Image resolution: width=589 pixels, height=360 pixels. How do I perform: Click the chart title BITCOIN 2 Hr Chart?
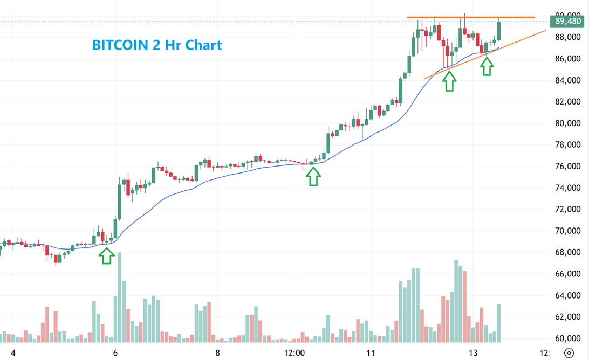pyautogui.click(x=157, y=45)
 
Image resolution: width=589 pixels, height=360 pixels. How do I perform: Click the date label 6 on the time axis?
pyautogui.click(x=115, y=353)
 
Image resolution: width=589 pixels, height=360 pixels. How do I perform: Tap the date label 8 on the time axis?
pyautogui.click(x=217, y=353)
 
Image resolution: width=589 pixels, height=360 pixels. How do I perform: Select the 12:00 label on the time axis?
pyautogui.click(x=294, y=353)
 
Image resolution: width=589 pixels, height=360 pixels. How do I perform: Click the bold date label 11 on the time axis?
pyautogui.click(x=371, y=353)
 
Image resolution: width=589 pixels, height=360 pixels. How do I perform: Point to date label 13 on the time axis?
pyautogui.click(x=472, y=353)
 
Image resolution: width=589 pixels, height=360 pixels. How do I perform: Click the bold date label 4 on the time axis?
pyautogui.click(x=13, y=353)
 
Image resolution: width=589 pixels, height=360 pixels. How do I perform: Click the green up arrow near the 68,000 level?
pyautogui.click(x=107, y=255)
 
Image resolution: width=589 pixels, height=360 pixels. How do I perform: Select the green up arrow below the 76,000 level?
pyautogui.click(x=313, y=176)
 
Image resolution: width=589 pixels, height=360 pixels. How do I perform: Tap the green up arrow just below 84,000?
pyautogui.click(x=449, y=81)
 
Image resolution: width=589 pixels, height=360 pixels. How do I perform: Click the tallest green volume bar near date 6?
pyautogui.click(x=119, y=296)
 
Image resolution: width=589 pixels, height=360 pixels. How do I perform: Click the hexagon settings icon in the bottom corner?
pyautogui.click(x=569, y=353)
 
